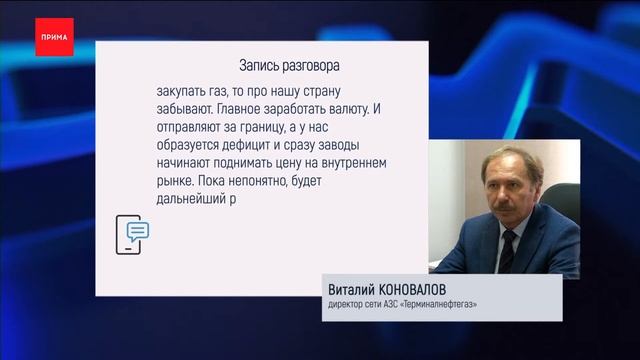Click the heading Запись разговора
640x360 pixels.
(x=289, y=66)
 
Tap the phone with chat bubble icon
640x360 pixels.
(x=132, y=234)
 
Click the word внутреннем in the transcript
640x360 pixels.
(x=350, y=161)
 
